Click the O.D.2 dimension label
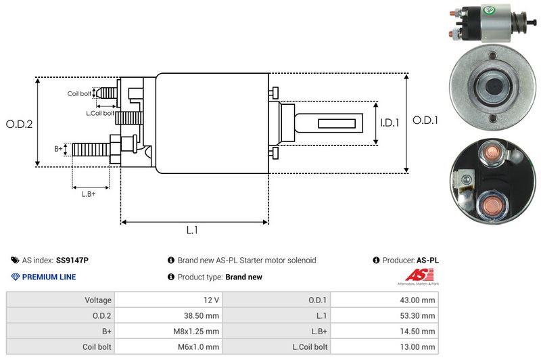point(20,124)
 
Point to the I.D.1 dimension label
point(390,122)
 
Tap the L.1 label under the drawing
point(192,230)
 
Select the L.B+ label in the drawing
point(89,194)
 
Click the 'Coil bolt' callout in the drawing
point(79,93)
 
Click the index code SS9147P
point(72,260)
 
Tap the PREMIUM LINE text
point(49,277)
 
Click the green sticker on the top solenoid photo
point(489,12)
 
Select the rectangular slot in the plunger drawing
point(336,123)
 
